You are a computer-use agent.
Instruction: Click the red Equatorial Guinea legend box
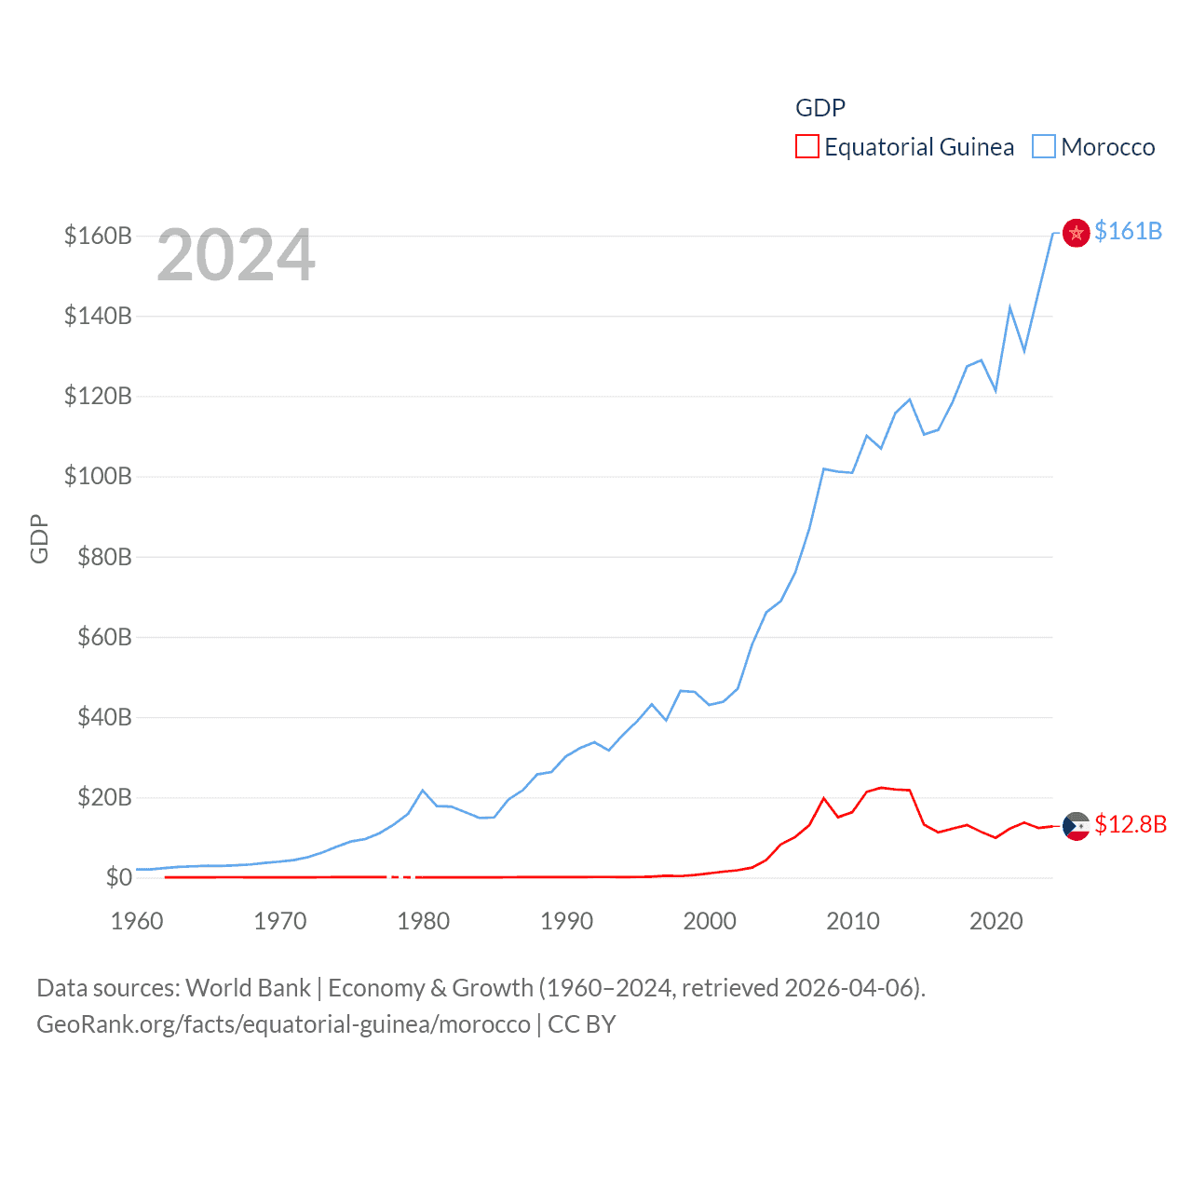[806, 147]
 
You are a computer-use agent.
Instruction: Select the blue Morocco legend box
[1044, 147]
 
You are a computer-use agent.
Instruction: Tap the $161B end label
[1128, 231]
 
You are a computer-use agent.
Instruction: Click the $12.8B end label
[1131, 824]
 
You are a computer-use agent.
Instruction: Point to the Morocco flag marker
[1076, 233]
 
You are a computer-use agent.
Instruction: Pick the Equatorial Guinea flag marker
[1076, 826]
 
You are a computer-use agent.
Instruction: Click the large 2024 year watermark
[236, 255]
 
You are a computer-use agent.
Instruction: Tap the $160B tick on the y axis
[98, 236]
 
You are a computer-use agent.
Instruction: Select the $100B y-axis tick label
[98, 477]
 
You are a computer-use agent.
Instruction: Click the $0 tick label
[118, 877]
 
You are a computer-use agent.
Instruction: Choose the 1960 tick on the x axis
[137, 921]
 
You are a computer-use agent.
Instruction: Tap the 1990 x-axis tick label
[566, 921]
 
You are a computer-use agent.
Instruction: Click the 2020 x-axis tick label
[996, 921]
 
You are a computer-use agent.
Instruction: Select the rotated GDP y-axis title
[39, 538]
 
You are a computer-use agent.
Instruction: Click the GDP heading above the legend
[819, 108]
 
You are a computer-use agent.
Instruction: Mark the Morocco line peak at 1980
[423, 791]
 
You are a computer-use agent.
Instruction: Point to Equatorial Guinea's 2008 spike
[824, 798]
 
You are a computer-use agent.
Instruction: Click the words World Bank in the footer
[249, 987]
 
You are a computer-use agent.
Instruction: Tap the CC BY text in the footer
[582, 1024]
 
